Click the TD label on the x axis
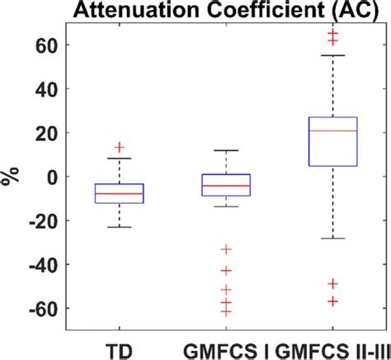tap(119, 347)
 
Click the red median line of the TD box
tap(119, 193)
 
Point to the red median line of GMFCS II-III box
tap(332, 131)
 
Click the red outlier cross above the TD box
tap(119, 148)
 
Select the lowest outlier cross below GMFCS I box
tap(226, 311)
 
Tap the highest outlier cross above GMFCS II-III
tap(332, 33)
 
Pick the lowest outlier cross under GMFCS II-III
tap(332, 301)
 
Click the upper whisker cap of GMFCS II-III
tap(332, 55)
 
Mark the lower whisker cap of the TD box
tap(119, 227)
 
